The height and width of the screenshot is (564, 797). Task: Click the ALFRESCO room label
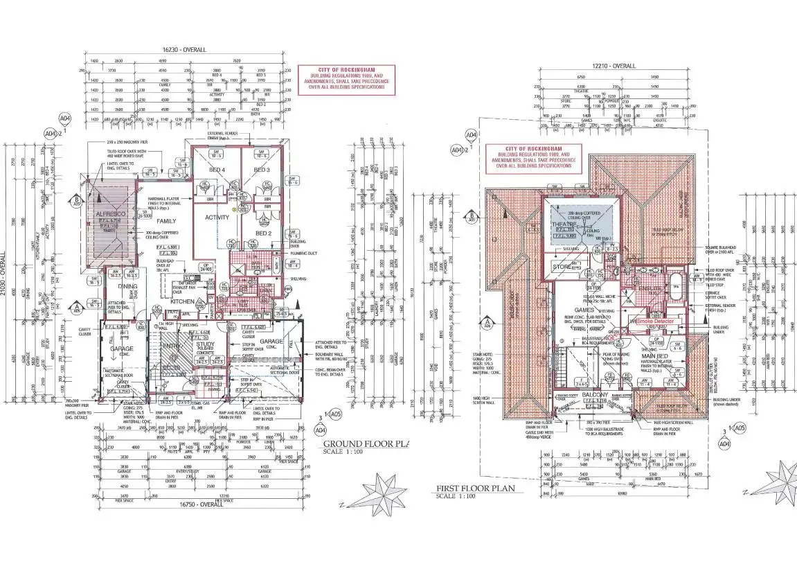click(110, 215)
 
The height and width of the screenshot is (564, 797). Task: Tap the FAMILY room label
click(146, 221)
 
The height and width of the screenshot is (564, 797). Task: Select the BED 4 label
click(217, 170)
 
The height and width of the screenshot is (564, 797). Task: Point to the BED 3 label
click(261, 170)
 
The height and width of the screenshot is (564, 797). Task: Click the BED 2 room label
click(264, 233)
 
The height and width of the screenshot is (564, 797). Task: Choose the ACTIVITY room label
click(216, 218)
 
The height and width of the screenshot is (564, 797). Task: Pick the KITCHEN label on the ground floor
click(182, 302)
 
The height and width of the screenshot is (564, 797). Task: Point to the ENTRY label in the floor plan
click(170, 346)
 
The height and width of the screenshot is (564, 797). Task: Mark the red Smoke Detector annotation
click(655, 322)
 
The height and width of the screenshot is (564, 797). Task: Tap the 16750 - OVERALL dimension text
click(199, 504)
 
